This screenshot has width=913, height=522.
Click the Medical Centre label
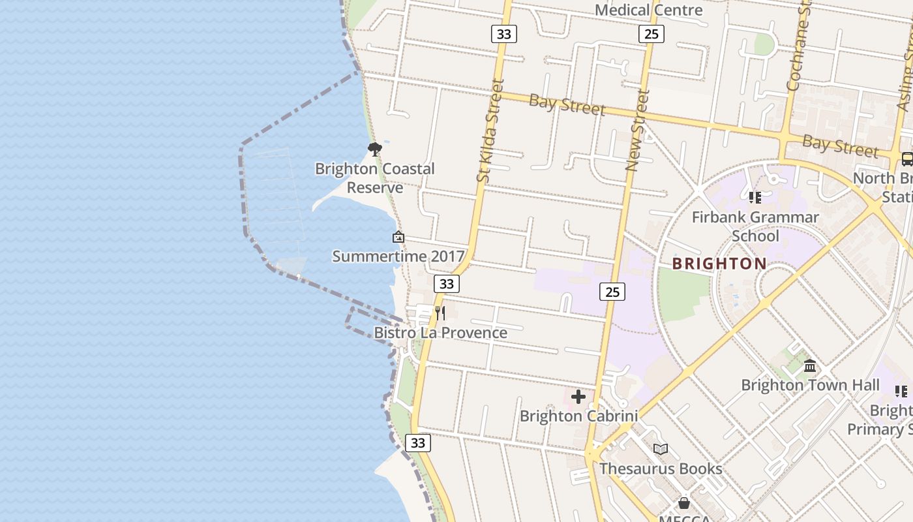(649, 10)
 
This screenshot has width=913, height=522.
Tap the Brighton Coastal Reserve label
(374, 178)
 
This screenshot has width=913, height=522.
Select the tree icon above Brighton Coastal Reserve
(374, 149)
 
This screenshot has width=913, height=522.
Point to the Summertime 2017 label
(398, 256)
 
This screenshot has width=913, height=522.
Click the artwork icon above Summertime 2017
(398, 237)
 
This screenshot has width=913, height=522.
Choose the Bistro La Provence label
(440, 333)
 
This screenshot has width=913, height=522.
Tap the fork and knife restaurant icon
(440, 313)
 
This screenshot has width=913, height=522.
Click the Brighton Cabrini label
(578, 416)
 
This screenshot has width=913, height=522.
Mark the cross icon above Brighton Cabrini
(578, 397)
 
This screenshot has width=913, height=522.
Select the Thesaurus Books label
(661, 468)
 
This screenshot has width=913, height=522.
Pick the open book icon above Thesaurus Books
(661, 449)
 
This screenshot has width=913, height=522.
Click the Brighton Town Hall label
(810, 385)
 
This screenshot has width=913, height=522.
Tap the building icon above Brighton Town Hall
(810, 366)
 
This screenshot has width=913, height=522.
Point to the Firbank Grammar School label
(755, 226)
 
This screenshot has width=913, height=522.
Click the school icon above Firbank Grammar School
(755, 197)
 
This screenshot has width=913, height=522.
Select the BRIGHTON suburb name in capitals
(719, 264)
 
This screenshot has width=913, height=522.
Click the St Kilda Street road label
(491, 130)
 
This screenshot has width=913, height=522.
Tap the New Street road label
(637, 130)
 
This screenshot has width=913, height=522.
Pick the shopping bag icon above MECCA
(683, 503)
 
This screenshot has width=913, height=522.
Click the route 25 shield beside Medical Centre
(651, 34)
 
